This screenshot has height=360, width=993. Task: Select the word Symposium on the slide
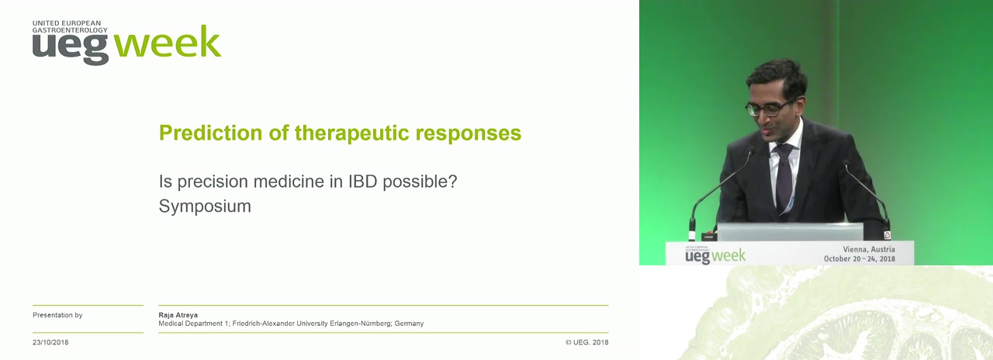[205, 206]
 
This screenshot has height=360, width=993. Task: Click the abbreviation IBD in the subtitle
[362, 182]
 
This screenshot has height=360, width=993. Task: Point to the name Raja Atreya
[178, 315]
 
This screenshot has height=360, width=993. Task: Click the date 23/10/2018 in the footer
[50, 342]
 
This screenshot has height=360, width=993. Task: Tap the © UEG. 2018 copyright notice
[587, 342]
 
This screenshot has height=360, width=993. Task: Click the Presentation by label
[57, 315]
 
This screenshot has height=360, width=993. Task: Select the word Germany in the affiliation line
[409, 324]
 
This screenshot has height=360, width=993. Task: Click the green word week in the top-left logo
[168, 42]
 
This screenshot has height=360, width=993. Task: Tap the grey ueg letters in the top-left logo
[71, 49]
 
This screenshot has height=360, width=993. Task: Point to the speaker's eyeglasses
[769, 109]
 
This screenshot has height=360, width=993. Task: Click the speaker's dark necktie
[784, 178]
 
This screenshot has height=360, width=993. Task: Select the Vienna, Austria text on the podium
[868, 249]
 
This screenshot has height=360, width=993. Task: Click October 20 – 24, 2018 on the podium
[860, 259]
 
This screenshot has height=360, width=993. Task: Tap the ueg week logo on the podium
[715, 255]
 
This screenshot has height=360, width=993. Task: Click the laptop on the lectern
[790, 232]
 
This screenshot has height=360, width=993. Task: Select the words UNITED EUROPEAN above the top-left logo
[67, 23]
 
